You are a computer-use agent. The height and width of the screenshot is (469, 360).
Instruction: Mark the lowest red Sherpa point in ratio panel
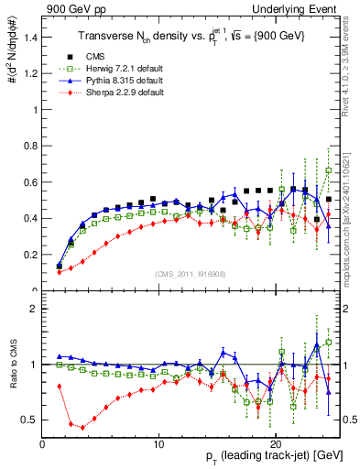[83, 427]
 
